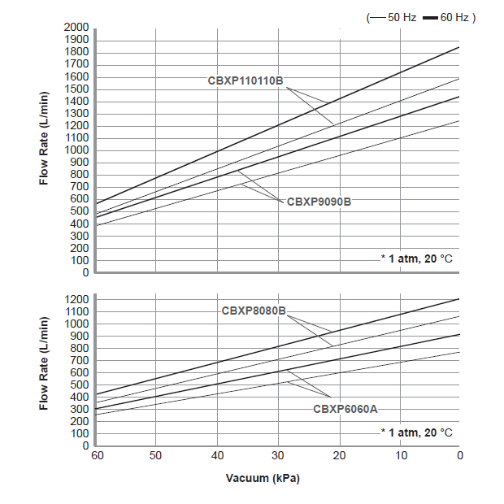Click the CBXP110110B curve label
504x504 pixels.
pyautogui.click(x=245, y=80)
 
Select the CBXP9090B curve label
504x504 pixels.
pyautogui.click(x=319, y=201)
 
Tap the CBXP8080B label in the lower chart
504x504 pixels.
pyautogui.click(x=254, y=310)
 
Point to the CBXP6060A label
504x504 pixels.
pyautogui.click(x=345, y=409)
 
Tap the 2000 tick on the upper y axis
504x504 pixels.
pyautogui.click(x=76, y=27)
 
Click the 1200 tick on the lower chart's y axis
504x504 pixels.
pyautogui.click(x=76, y=299)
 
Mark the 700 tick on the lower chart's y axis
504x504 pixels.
pyautogui.click(x=80, y=360)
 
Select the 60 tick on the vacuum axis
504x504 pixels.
pyautogui.click(x=96, y=456)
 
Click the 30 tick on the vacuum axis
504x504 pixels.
pyautogui.click(x=278, y=456)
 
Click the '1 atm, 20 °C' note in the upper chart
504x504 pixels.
pyautogui.click(x=417, y=259)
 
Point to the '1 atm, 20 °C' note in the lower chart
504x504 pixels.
pyautogui.click(x=417, y=432)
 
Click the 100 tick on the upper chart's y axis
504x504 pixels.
pyautogui.click(x=80, y=260)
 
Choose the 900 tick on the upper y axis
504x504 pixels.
pyautogui.click(x=80, y=162)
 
